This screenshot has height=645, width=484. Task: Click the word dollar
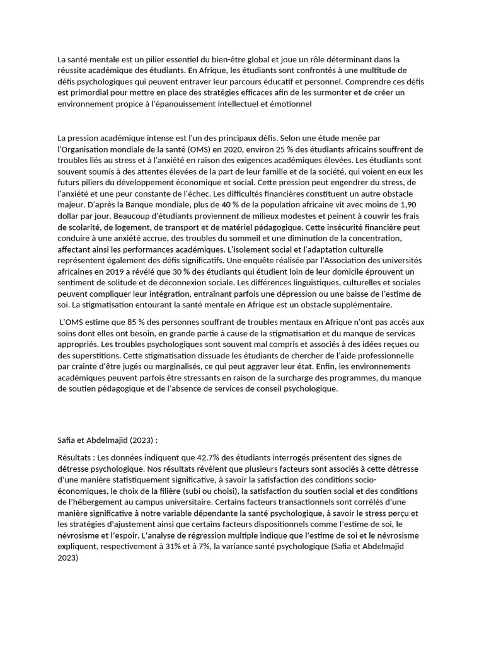69,216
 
